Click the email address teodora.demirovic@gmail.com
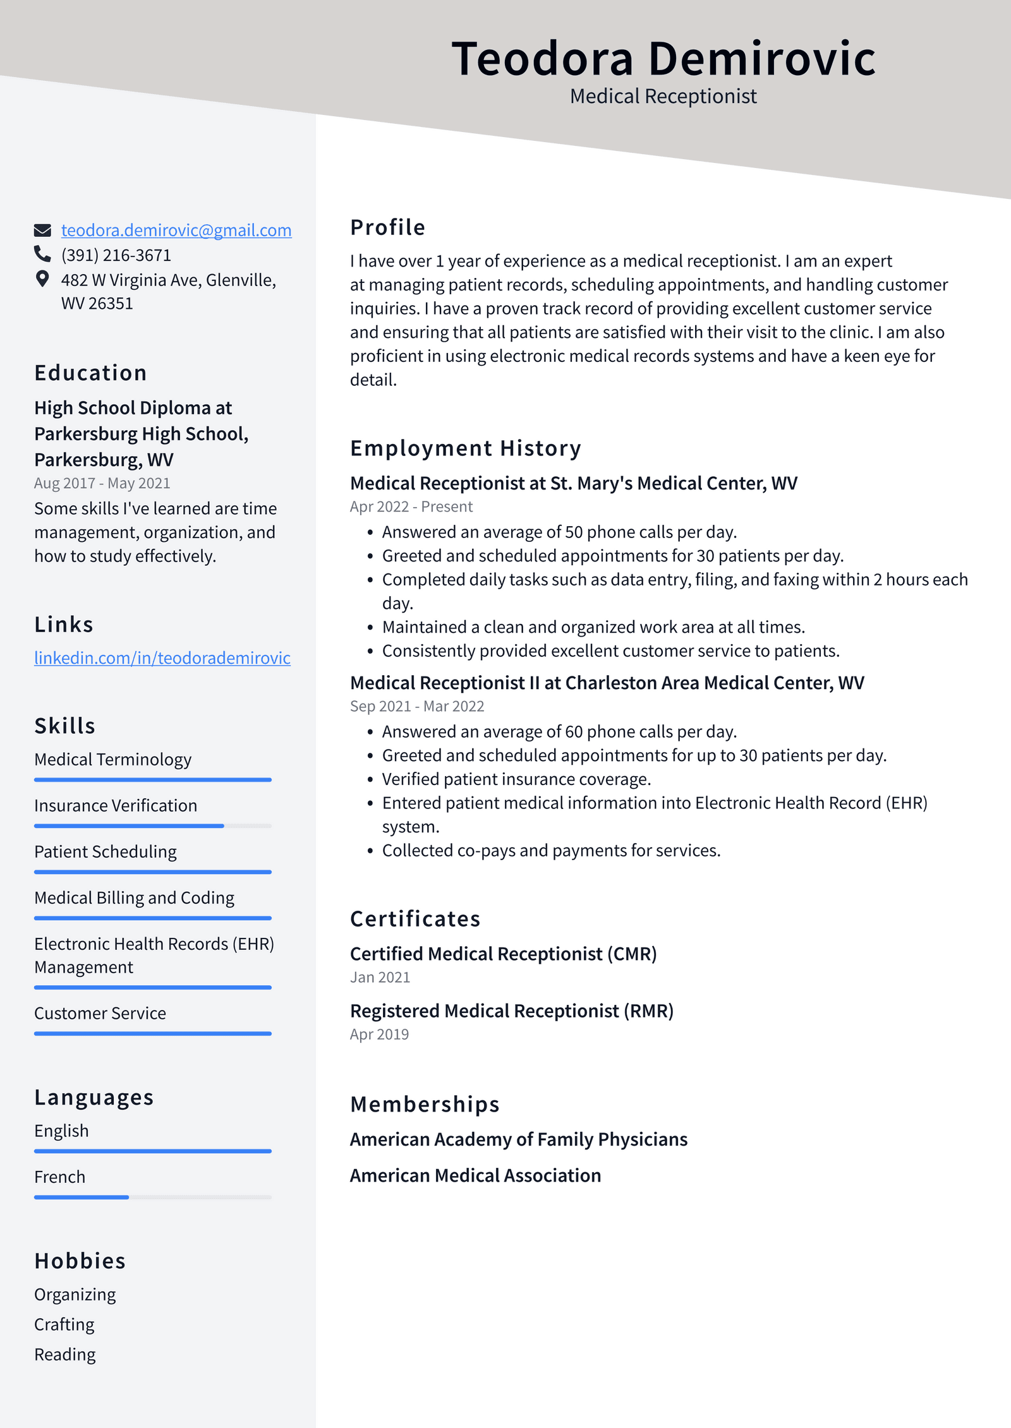pos(176,231)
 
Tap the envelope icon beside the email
pos(42,231)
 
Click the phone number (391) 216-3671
pos(116,255)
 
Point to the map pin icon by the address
pos(42,279)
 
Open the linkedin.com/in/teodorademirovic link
pos(162,658)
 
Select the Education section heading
pos(90,373)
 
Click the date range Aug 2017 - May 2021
pos(102,483)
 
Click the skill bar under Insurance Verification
pos(152,825)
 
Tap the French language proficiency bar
pos(152,1197)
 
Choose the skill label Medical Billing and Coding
pos(134,897)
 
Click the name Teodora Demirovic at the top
pos(663,59)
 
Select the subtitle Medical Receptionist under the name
pos(663,97)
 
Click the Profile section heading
pos(387,227)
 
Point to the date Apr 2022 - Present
pos(411,507)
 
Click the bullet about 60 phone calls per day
pos(559,731)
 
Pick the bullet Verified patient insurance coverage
pos(516,779)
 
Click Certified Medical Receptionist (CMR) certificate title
pos(503,954)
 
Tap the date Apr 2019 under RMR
pos(379,1035)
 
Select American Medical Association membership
pos(475,1175)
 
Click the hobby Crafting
pos(64,1324)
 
